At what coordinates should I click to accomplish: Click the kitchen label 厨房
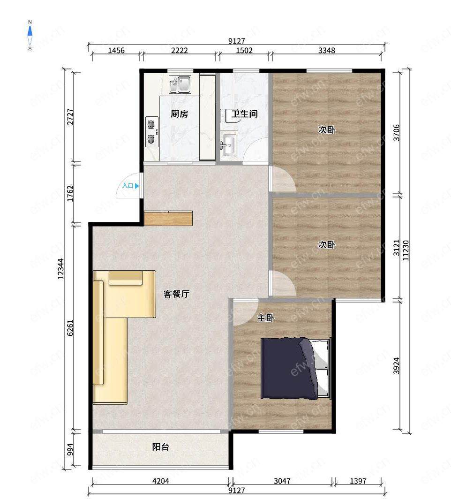point(179,114)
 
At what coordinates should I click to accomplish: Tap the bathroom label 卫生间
point(244,114)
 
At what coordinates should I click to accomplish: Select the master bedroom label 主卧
point(265,318)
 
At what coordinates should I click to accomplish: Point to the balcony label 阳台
point(160,447)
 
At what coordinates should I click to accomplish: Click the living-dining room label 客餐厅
point(176,294)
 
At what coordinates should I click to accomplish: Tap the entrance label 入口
point(128,186)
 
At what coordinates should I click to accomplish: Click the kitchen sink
point(180,84)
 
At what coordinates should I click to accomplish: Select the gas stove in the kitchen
point(152,132)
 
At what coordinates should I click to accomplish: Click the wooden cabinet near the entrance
point(168,219)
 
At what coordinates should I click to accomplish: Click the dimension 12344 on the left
point(60,269)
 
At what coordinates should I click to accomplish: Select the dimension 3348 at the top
point(327,50)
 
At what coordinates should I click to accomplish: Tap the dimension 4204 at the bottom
point(161,481)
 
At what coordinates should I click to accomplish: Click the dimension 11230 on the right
point(406,250)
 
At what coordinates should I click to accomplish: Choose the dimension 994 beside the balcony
point(70,450)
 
